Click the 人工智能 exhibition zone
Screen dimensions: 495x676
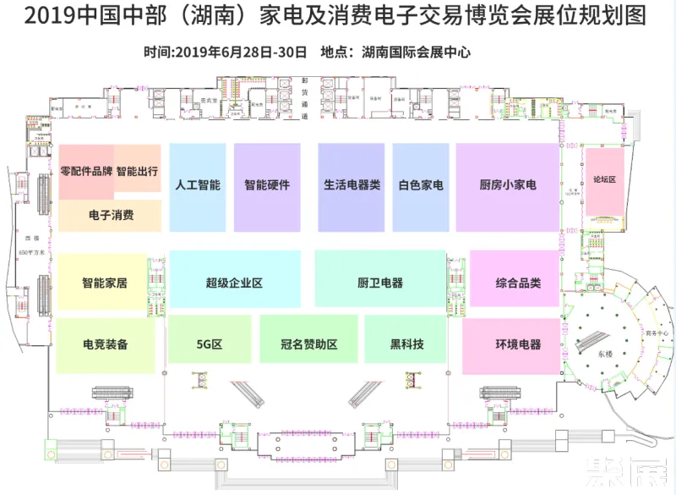[x=198, y=185]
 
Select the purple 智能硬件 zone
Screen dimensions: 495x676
[x=267, y=185]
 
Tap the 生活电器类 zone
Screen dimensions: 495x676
[x=352, y=185]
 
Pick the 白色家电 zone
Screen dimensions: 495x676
[x=421, y=185]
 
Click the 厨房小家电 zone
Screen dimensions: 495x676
[x=507, y=185]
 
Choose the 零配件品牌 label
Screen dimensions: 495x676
[x=86, y=171]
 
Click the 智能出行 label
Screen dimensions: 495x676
[x=137, y=171]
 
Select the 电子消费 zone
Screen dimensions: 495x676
[x=111, y=215]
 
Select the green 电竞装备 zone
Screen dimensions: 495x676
[x=106, y=344]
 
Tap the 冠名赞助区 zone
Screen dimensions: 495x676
[x=309, y=344]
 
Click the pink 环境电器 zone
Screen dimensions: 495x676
[x=518, y=344]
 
